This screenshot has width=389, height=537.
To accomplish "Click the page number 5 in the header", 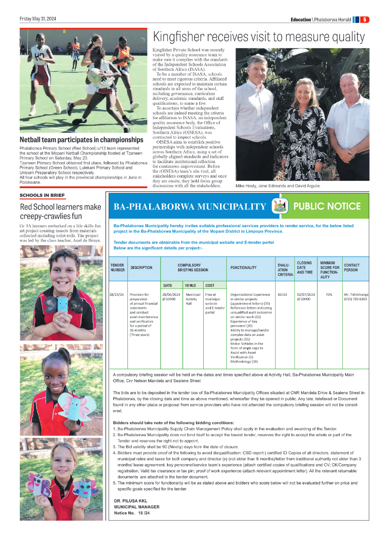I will click(365, 19).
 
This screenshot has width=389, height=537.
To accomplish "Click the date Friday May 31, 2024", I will click(38, 19).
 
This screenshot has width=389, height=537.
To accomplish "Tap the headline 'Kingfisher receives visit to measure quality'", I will click(259, 37).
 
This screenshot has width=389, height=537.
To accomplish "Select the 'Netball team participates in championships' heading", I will click(82, 140).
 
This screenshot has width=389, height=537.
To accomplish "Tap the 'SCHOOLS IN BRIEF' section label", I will click(42, 195).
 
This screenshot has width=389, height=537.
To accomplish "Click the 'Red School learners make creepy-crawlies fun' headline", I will click(60, 211).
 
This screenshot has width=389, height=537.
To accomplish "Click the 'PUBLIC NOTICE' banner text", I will click(327, 207).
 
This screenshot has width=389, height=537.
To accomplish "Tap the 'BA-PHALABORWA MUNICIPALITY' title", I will click(190, 207).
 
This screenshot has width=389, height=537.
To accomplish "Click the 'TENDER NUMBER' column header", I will click(117, 267).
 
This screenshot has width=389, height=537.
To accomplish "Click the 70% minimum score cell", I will click(328, 294).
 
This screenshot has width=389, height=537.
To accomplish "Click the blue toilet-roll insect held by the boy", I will click(64, 304).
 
